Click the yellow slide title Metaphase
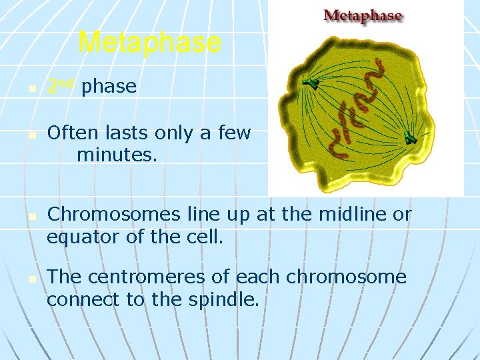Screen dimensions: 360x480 pyautogui.click(x=149, y=43)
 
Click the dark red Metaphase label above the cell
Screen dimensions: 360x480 pyautogui.click(x=363, y=15)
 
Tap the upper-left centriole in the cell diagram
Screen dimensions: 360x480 pyautogui.click(x=311, y=83)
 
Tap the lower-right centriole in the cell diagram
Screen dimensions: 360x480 pyautogui.click(x=410, y=138)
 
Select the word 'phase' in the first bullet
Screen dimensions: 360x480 pyautogui.click(x=109, y=87)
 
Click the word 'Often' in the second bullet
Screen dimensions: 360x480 pyautogui.click(x=72, y=133)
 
